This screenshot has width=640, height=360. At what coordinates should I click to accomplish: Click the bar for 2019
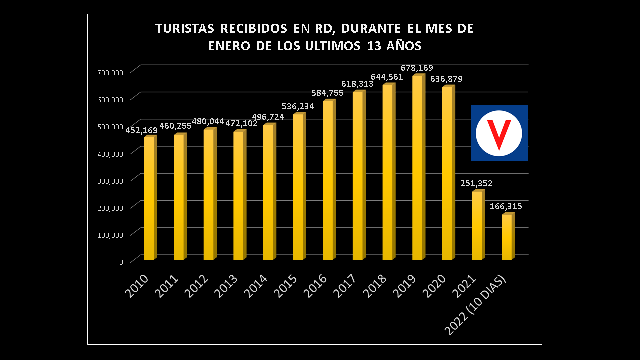418,167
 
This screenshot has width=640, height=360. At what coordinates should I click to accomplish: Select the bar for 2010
149,198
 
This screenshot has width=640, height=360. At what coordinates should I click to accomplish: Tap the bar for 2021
477,225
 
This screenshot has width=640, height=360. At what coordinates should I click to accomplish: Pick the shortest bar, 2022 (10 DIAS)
507,237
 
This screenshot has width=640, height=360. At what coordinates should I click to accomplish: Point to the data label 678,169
417,68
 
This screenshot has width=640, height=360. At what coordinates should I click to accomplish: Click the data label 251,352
476,183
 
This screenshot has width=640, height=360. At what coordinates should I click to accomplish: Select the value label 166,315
506,206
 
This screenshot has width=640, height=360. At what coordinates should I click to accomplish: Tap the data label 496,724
268,117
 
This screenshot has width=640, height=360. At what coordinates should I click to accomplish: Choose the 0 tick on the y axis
121,262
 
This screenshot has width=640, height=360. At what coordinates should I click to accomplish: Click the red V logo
499,133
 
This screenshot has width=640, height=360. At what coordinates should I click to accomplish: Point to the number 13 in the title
375,46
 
